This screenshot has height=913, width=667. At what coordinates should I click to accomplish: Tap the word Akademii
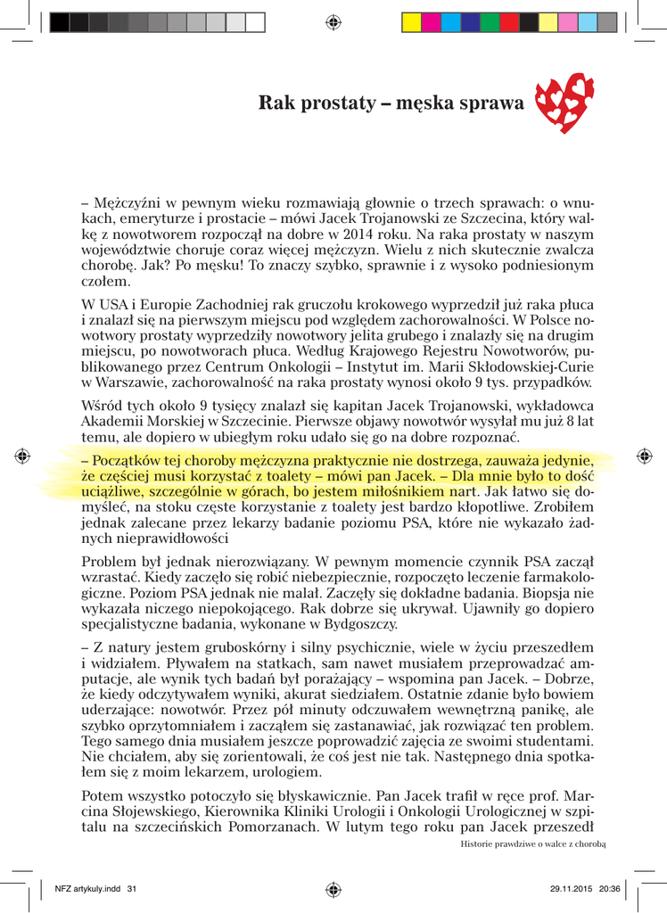112,421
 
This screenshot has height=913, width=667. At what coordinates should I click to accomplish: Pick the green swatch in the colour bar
489,21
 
